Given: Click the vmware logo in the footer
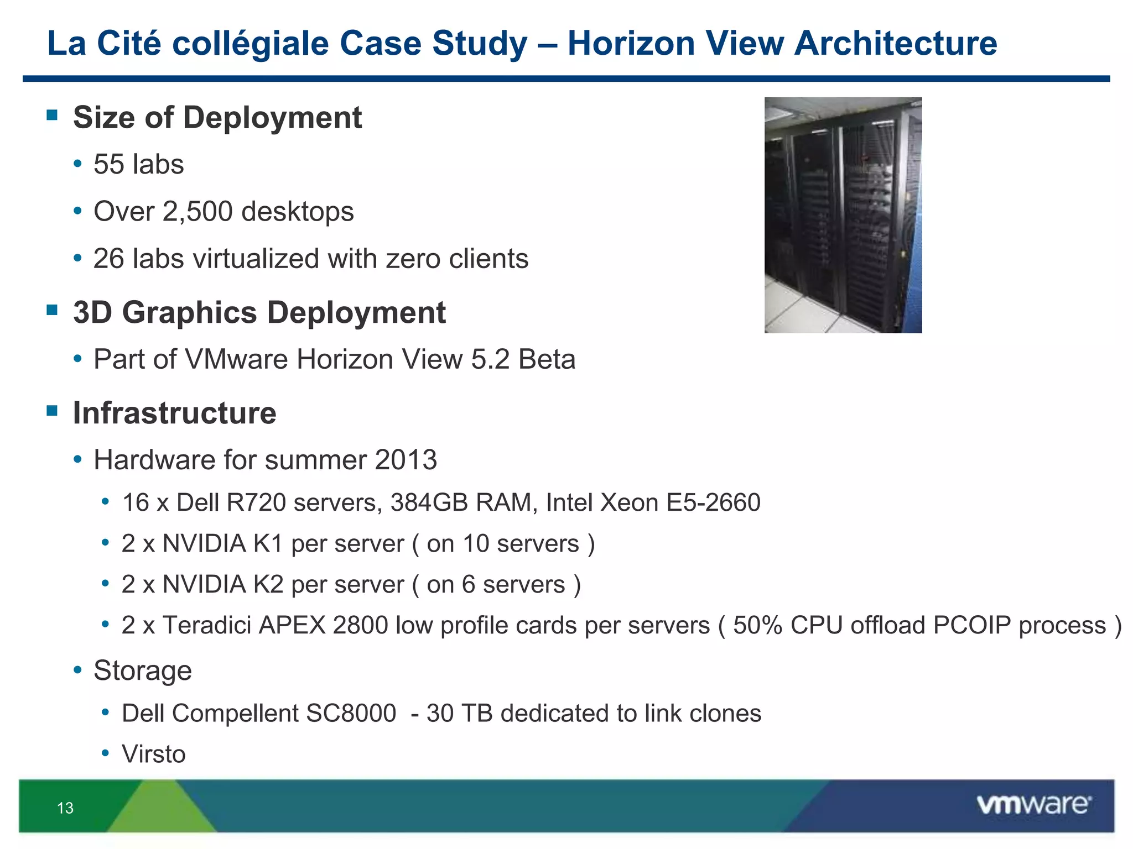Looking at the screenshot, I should [x=1033, y=805].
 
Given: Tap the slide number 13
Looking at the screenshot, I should [x=65, y=808].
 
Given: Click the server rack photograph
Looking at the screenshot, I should [x=843, y=215].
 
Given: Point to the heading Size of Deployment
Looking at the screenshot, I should [x=217, y=118].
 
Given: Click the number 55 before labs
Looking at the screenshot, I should [x=108, y=164].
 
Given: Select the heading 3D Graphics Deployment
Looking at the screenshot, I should [x=259, y=312].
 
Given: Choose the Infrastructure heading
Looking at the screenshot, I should [x=174, y=413].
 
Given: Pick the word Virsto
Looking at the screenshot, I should [x=154, y=754].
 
